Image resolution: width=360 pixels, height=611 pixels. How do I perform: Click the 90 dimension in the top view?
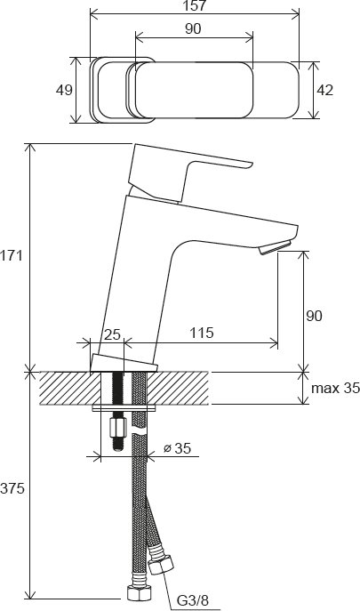[x=193, y=28]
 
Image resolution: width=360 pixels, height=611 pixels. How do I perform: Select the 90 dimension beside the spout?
[x=314, y=315]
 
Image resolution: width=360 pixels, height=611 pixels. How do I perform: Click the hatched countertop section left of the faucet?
[x=66, y=388]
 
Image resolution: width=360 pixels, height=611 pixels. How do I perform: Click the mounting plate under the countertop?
[x=124, y=408]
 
